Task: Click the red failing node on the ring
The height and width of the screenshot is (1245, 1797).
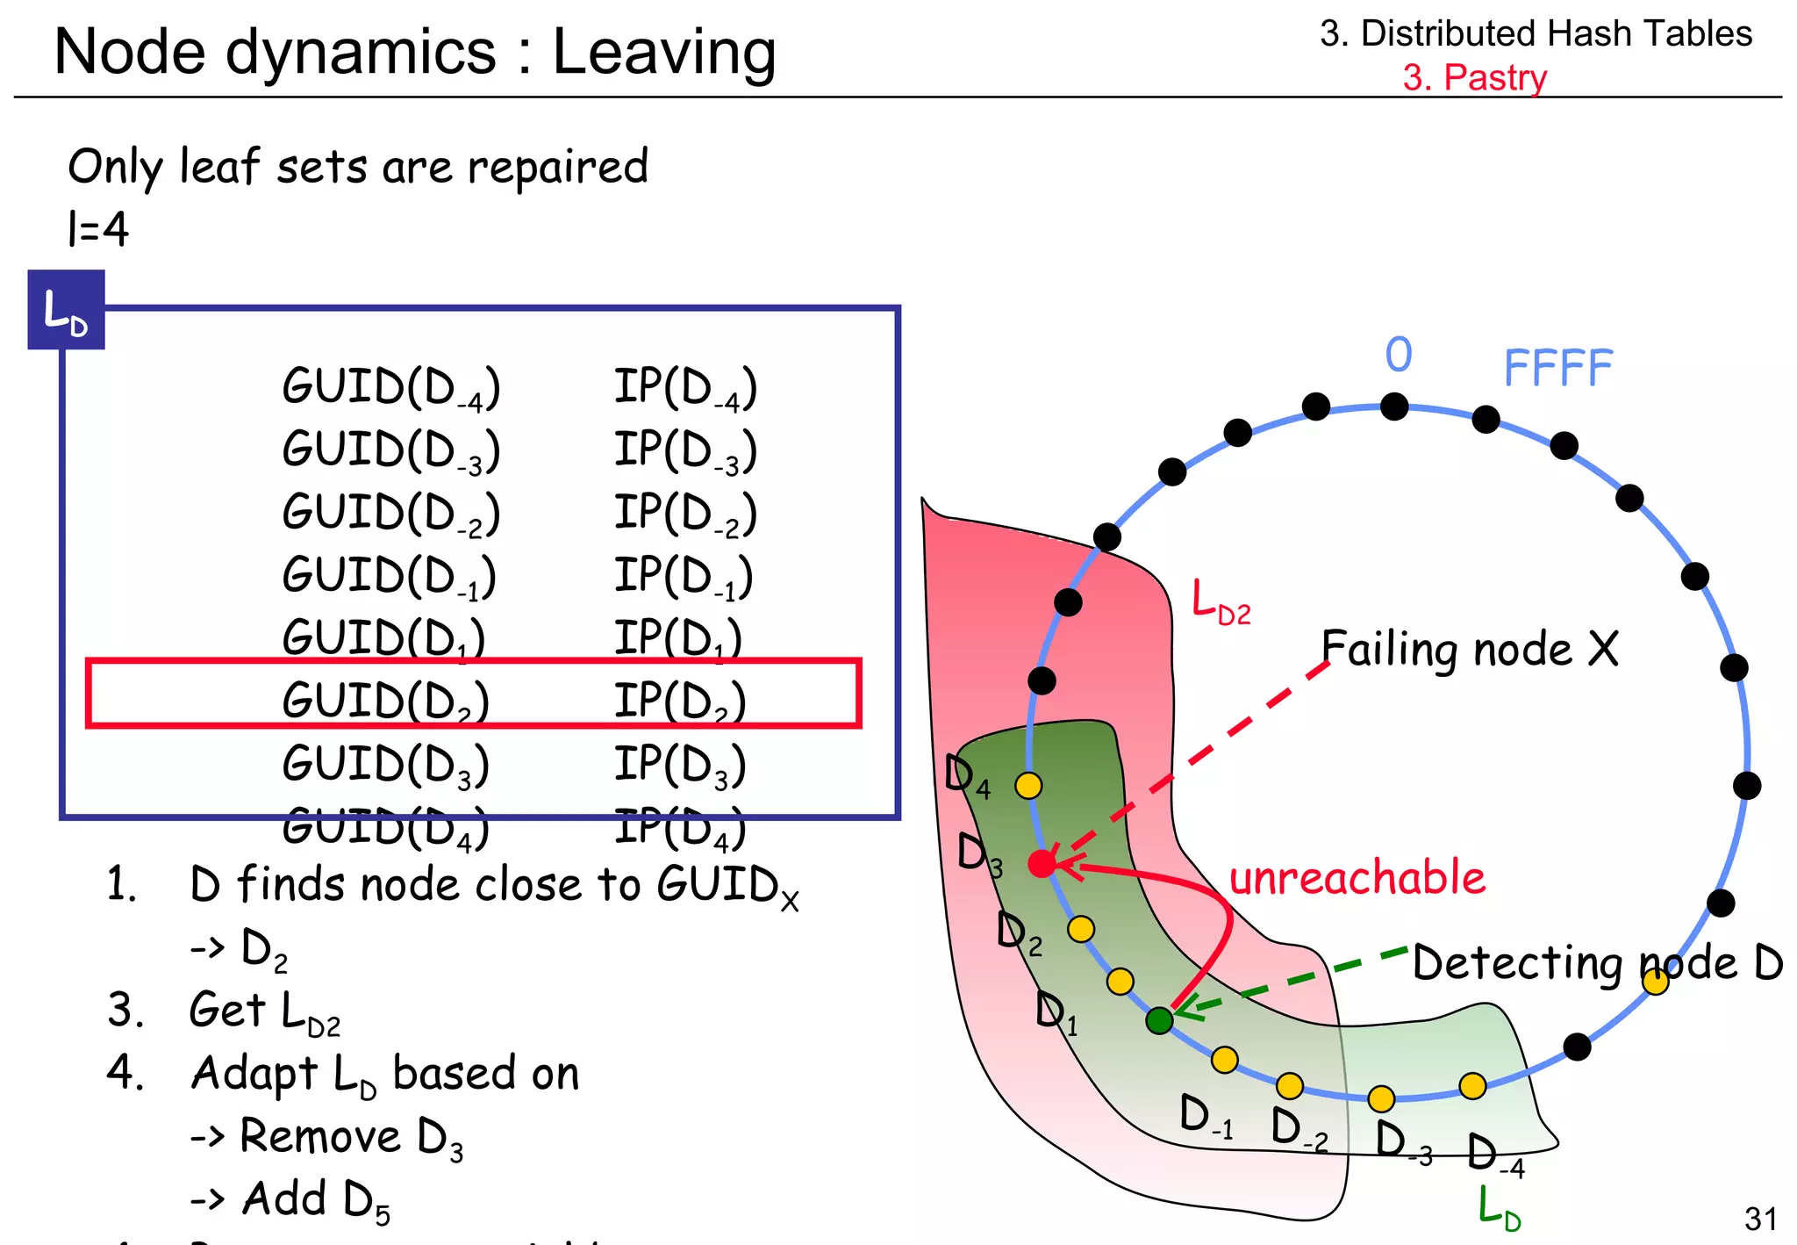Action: (1042, 864)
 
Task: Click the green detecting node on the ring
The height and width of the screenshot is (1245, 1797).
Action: (1159, 1020)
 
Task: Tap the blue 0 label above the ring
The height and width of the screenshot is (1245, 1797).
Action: (1399, 355)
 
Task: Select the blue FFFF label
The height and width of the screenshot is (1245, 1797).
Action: (1557, 367)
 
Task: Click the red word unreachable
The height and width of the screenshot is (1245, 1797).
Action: (1357, 878)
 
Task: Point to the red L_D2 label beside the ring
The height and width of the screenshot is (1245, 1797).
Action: (1221, 603)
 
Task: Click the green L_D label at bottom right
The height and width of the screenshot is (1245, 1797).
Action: (1499, 1208)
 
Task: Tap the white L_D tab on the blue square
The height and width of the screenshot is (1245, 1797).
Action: (66, 312)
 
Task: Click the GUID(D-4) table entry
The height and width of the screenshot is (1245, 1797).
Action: (391, 387)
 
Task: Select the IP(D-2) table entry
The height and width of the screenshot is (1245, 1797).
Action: (684, 514)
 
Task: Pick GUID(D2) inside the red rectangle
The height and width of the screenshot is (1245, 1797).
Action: (385, 701)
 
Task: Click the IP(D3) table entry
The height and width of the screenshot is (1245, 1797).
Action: (680, 764)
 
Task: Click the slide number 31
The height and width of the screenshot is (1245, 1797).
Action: (1760, 1219)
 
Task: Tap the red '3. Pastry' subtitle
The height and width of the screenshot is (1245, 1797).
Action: (1474, 77)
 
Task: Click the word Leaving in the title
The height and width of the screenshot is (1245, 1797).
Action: (664, 53)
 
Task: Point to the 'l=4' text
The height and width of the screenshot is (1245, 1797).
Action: (98, 229)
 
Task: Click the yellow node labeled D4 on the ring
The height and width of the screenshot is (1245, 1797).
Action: (1028, 785)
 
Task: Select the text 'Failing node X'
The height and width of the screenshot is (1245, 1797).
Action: (1470, 650)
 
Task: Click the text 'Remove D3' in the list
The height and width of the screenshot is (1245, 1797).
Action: (351, 1137)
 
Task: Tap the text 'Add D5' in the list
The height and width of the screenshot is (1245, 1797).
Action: (316, 1200)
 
